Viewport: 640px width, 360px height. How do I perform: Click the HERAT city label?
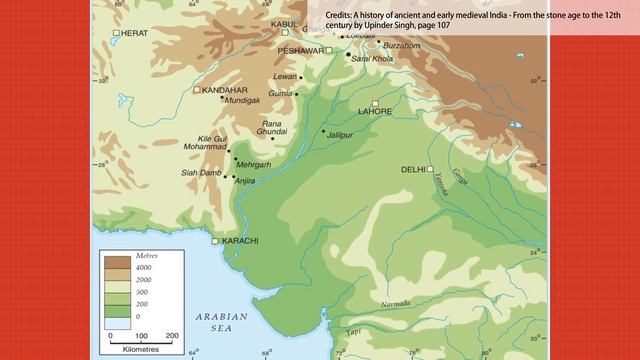coord(135,33)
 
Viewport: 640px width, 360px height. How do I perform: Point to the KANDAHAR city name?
coord(224,90)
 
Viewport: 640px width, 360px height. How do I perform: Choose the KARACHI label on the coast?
coord(240,241)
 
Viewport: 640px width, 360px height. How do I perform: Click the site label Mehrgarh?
coord(254,164)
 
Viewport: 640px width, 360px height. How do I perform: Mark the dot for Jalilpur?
coord(323,132)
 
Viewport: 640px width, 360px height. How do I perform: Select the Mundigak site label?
coord(242,101)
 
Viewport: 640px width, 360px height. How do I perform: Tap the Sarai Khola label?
coord(373,59)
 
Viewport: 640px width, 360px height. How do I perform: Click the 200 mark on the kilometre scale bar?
coord(172,336)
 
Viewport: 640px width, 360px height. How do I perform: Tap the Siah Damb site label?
coord(201,173)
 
